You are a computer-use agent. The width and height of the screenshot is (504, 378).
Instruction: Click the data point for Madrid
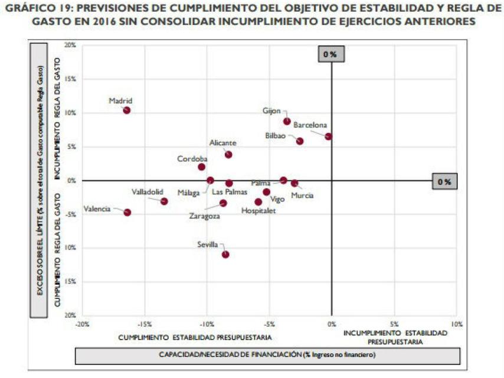click(x=127, y=110)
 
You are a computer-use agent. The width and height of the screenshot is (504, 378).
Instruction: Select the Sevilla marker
click(x=225, y=255)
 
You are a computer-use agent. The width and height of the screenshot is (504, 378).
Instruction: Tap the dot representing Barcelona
click(x=328, y=136)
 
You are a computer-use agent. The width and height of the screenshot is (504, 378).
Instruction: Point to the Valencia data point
click(x=127, y=212)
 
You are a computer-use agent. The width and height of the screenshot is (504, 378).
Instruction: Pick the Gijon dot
click(x=287, y=121)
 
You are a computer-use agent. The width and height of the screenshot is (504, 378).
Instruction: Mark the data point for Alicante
click(x=228, y=155)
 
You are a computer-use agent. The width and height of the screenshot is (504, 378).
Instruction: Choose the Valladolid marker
click(x=164, y=201)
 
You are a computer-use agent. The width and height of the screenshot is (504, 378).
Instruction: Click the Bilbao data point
click(x=300, y=141)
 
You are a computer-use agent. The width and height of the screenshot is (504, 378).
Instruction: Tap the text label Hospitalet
click(x=258, y=211)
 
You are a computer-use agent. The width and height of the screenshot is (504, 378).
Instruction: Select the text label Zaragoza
click(x=204, y=216)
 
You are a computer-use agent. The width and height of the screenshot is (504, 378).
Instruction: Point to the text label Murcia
click(x=302, y=195)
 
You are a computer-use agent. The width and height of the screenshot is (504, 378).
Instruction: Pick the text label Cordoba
click(x=192, y=159)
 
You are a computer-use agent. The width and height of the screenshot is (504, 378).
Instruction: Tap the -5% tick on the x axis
click(x=269, y=324)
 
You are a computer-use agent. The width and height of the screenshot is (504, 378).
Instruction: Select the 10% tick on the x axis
click(x=456, y=324)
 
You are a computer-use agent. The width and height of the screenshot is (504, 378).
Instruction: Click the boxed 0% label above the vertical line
click(x=330, y=54)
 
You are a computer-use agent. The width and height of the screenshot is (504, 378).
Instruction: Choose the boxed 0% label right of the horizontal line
click(x=444, y=182)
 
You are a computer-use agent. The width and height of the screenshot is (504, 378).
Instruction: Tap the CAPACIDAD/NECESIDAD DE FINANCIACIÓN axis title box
click(x=267, y=355)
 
